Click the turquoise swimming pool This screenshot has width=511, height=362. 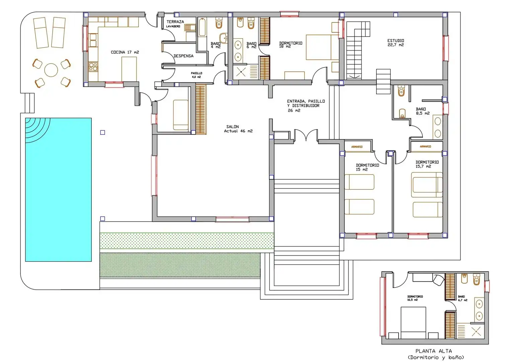pos(59,190)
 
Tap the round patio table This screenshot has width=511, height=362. pos(51,70)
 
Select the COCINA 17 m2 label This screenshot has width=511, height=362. pos(125,52)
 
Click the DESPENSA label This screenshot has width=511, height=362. pos(183,56)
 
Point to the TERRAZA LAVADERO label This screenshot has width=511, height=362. pos(175,24)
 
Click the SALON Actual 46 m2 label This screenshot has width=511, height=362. pos(238,129)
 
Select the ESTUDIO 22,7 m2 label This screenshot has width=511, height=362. pos(396,43)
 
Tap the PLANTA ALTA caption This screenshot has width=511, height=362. pos(433,351)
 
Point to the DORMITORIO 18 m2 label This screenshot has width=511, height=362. pos(290,45)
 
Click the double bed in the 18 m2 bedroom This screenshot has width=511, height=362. pos(322,47)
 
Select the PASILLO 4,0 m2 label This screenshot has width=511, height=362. pos(196,75)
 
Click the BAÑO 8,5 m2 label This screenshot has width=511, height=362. pos(423,111)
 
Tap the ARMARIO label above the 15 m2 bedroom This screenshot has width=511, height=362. pos(357,147)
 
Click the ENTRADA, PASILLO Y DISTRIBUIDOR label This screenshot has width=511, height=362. pos(306,106)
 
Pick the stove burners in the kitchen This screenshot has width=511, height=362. pos(93,67)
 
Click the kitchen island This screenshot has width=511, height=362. pos(129,69)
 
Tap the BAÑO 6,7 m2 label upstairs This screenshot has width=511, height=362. pos(462,298)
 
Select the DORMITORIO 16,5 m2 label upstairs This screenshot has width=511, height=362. pos(415,298)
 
